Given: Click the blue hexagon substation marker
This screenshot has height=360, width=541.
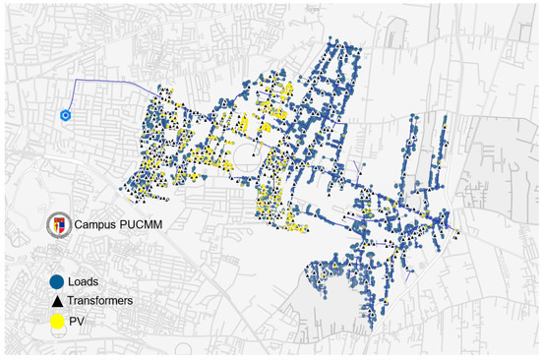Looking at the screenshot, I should [x=65, y=115].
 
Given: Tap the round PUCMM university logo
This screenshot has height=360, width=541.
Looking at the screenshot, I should [x=60, y=224].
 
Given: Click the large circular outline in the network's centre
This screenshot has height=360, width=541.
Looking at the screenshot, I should [x=246, y=153].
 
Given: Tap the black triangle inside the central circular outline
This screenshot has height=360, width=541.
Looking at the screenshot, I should [x=252, y=156].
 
